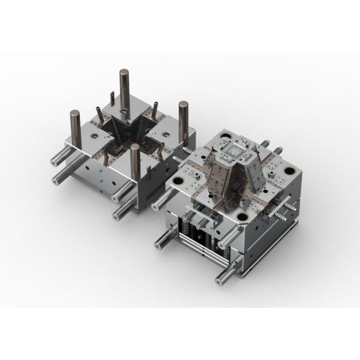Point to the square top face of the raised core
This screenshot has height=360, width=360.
[233, 146]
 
